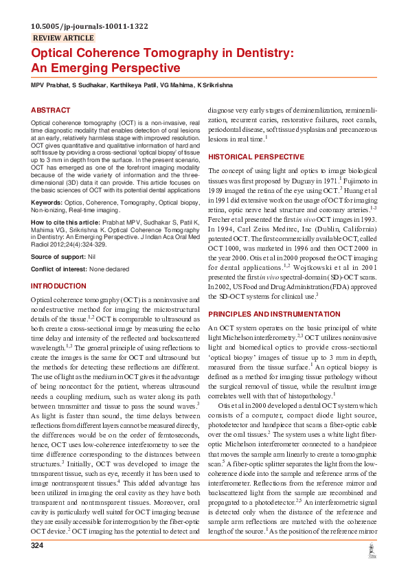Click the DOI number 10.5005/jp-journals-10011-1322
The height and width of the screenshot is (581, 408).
coord(89,26)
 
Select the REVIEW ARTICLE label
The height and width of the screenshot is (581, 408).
coord(63,38)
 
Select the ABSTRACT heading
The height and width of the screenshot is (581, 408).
coord(51,110)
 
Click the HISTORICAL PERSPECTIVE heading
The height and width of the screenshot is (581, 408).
coord(251,157)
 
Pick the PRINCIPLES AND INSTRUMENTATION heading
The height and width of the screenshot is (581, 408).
coord(274,313)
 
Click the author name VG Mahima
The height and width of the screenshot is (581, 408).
coord(175,84)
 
